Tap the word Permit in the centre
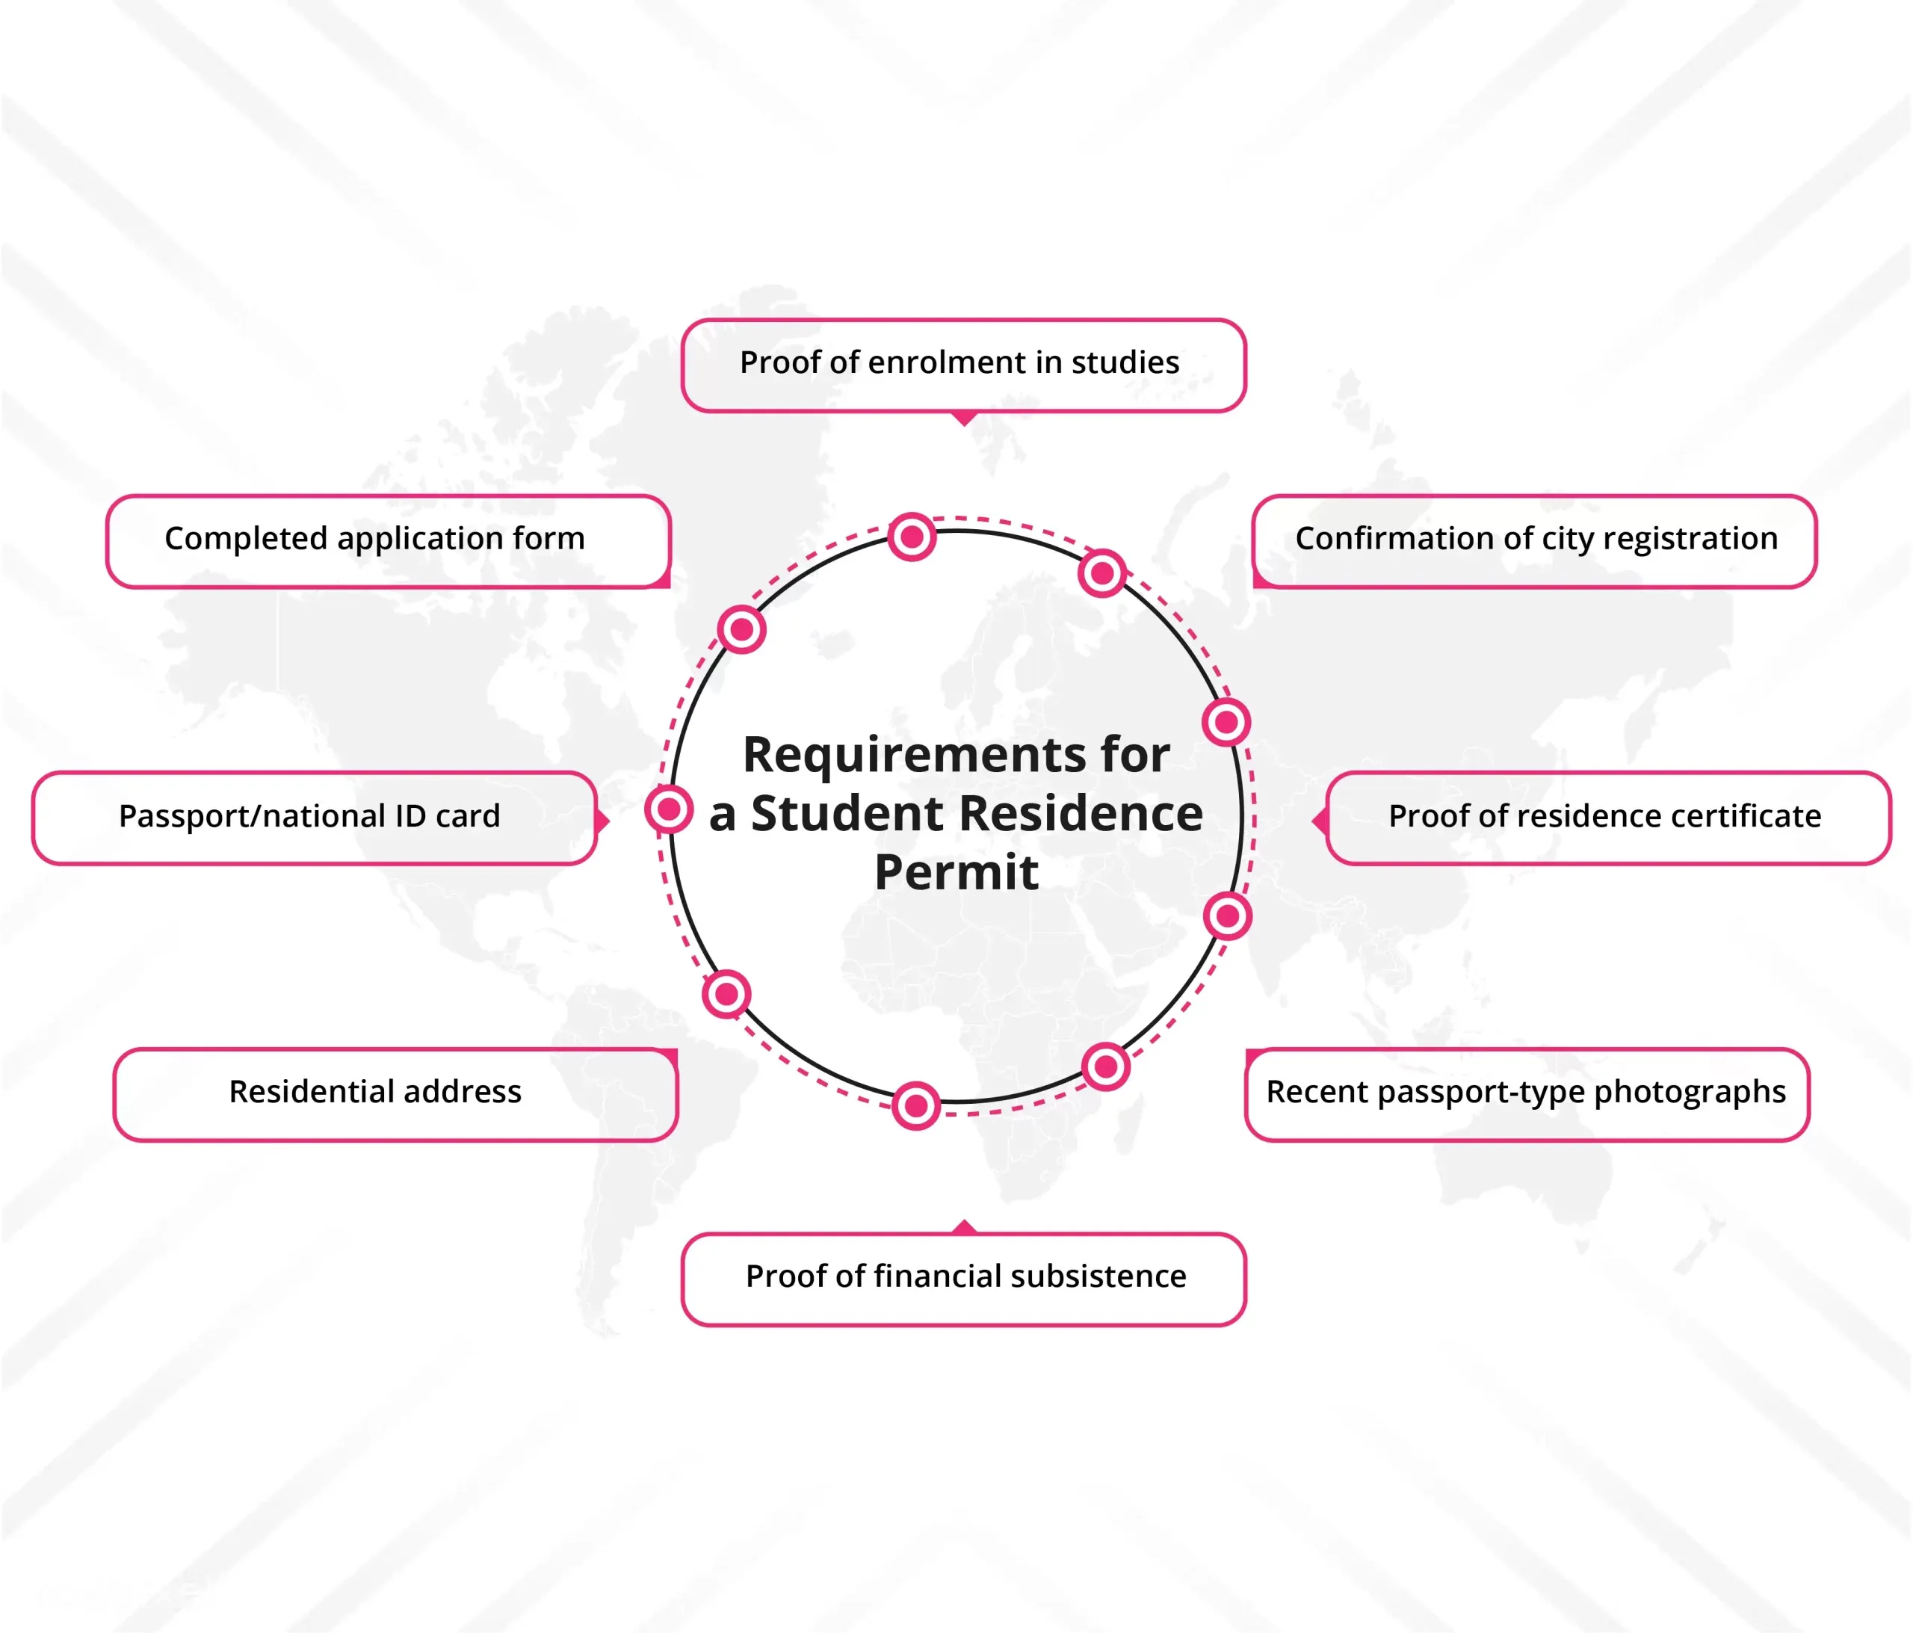[x=956, y=873]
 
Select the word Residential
[x=312, y=1091]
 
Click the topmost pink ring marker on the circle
[x=912, y=537]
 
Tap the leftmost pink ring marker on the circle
[x=670, y=810]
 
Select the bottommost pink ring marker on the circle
[x=916, y=1105]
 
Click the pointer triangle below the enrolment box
[x=964, y=419]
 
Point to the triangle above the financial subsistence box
[x=964, y=1226]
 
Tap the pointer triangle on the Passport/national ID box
[x=603, y=819]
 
